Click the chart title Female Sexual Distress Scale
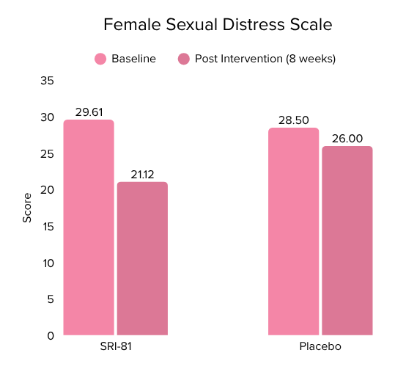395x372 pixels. coord(218,25)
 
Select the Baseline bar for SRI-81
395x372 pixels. coord(89,227)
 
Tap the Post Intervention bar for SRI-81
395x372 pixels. coord(142,258)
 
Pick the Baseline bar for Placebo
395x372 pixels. coord(293,231)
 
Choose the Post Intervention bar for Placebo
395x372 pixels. coord(347,241)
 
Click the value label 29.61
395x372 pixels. coord(89,112)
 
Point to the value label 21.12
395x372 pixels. coord(142,174)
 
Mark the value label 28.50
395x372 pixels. coord(293,120)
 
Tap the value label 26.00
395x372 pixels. coord(347,138)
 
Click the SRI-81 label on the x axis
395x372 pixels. coord(115,347)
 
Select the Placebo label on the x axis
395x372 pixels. coord(320,347)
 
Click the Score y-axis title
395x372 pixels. coord(27,208)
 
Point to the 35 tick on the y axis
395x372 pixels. coord(47,81)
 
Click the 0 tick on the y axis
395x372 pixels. coord(51,335)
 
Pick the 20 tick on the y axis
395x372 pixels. coord(47,190)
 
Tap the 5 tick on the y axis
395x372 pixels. coord(51,299)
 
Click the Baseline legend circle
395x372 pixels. coord(100,59)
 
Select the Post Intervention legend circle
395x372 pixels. coord(184,59)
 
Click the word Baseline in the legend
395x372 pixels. coord(133,59)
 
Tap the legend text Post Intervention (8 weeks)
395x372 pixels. coord(265,59)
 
